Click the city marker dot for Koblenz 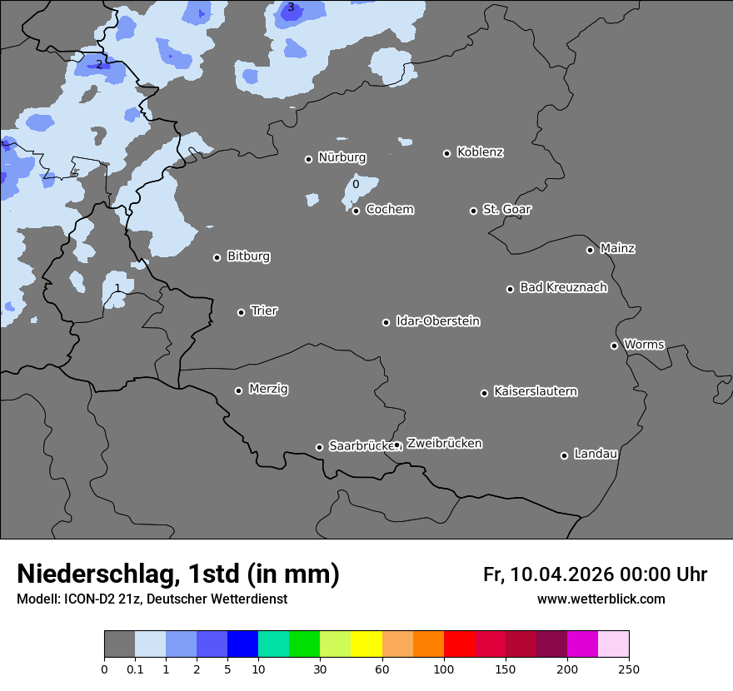click(x=446, y=153)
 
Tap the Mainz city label click(x=617, y=248)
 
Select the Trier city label click(x=264, y=311)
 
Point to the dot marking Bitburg click(x=217, y=257)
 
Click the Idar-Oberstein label click(x=437, y=321)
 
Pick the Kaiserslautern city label click(x=535, y=391)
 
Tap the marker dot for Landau click(x=564, y=455)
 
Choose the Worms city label click(x=644, y=344)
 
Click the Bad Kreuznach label click(x=563, y=287)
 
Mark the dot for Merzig click(x=238, y=390)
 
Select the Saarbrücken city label click(x=360, y=445)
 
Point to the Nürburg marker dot click(x=308, y=159)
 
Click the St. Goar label click(x=506, y=209)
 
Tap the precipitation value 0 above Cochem click(x=356, y=184)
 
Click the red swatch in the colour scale click(x=459, y=644)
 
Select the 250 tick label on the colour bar click(x=629, y=669)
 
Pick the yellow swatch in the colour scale click(x=366, y=644)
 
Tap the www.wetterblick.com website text click(x=601, y=599)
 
